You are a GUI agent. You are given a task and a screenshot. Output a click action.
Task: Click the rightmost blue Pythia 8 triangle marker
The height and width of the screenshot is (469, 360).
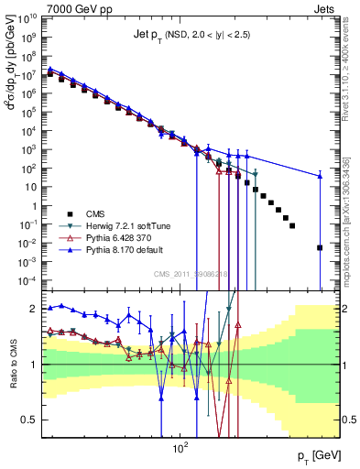(320, 176)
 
